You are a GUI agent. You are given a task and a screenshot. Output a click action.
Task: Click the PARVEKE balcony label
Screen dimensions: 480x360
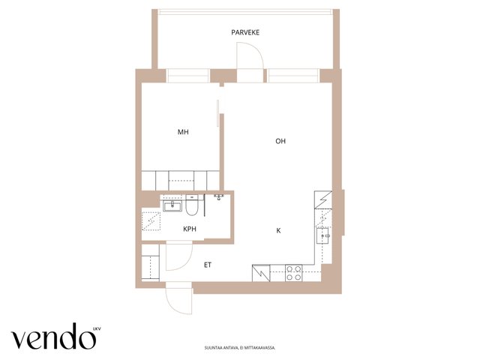tap(245, 32)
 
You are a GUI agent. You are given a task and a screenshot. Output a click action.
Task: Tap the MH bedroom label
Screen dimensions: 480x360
tap(183, 132)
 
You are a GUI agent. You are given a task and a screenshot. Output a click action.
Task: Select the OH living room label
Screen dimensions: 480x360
tap(280, 141)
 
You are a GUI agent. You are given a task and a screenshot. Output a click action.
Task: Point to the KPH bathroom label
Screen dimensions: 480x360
tap(190, 229)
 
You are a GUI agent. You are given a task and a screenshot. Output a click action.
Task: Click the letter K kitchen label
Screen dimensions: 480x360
tap(278, 230)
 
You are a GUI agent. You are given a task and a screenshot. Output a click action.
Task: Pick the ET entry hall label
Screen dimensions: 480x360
tap(208, 265)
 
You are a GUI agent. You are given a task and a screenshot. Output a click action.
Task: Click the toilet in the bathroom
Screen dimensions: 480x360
tap(192, 205)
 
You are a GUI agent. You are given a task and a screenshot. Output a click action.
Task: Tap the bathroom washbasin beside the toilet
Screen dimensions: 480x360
tap(172, 205)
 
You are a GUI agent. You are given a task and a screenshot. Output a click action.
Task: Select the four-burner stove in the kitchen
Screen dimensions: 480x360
tap(293, 273)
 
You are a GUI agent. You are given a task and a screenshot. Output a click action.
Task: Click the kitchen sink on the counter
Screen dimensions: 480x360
tap(323, 235)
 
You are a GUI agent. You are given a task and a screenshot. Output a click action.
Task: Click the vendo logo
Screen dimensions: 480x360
tap(53, 336)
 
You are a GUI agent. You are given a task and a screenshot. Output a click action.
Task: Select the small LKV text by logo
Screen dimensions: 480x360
tap(97, 329)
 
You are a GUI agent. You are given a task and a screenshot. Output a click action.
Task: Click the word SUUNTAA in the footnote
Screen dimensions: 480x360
tap(211, 348)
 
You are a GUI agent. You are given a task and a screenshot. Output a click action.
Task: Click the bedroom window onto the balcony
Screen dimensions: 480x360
tap(187, 76)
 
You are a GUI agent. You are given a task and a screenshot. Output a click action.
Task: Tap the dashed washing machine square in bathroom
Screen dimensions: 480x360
tap(151, 221)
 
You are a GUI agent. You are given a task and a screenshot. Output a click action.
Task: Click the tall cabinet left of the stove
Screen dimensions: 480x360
tap(261, 273)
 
